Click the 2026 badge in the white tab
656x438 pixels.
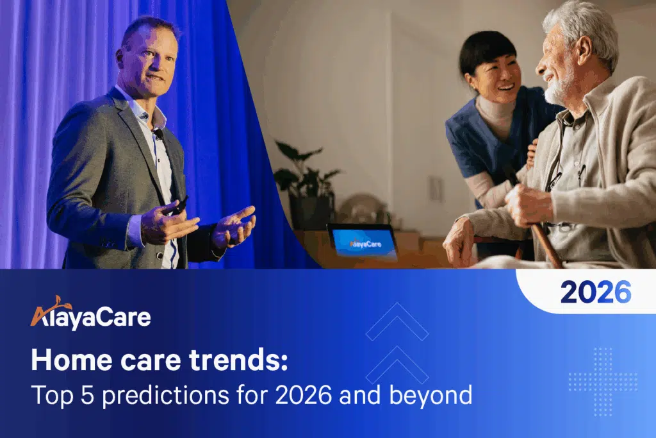pos(595,292)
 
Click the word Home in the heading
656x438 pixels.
pos(61,360)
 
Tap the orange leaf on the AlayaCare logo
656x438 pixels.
pos(61,301)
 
